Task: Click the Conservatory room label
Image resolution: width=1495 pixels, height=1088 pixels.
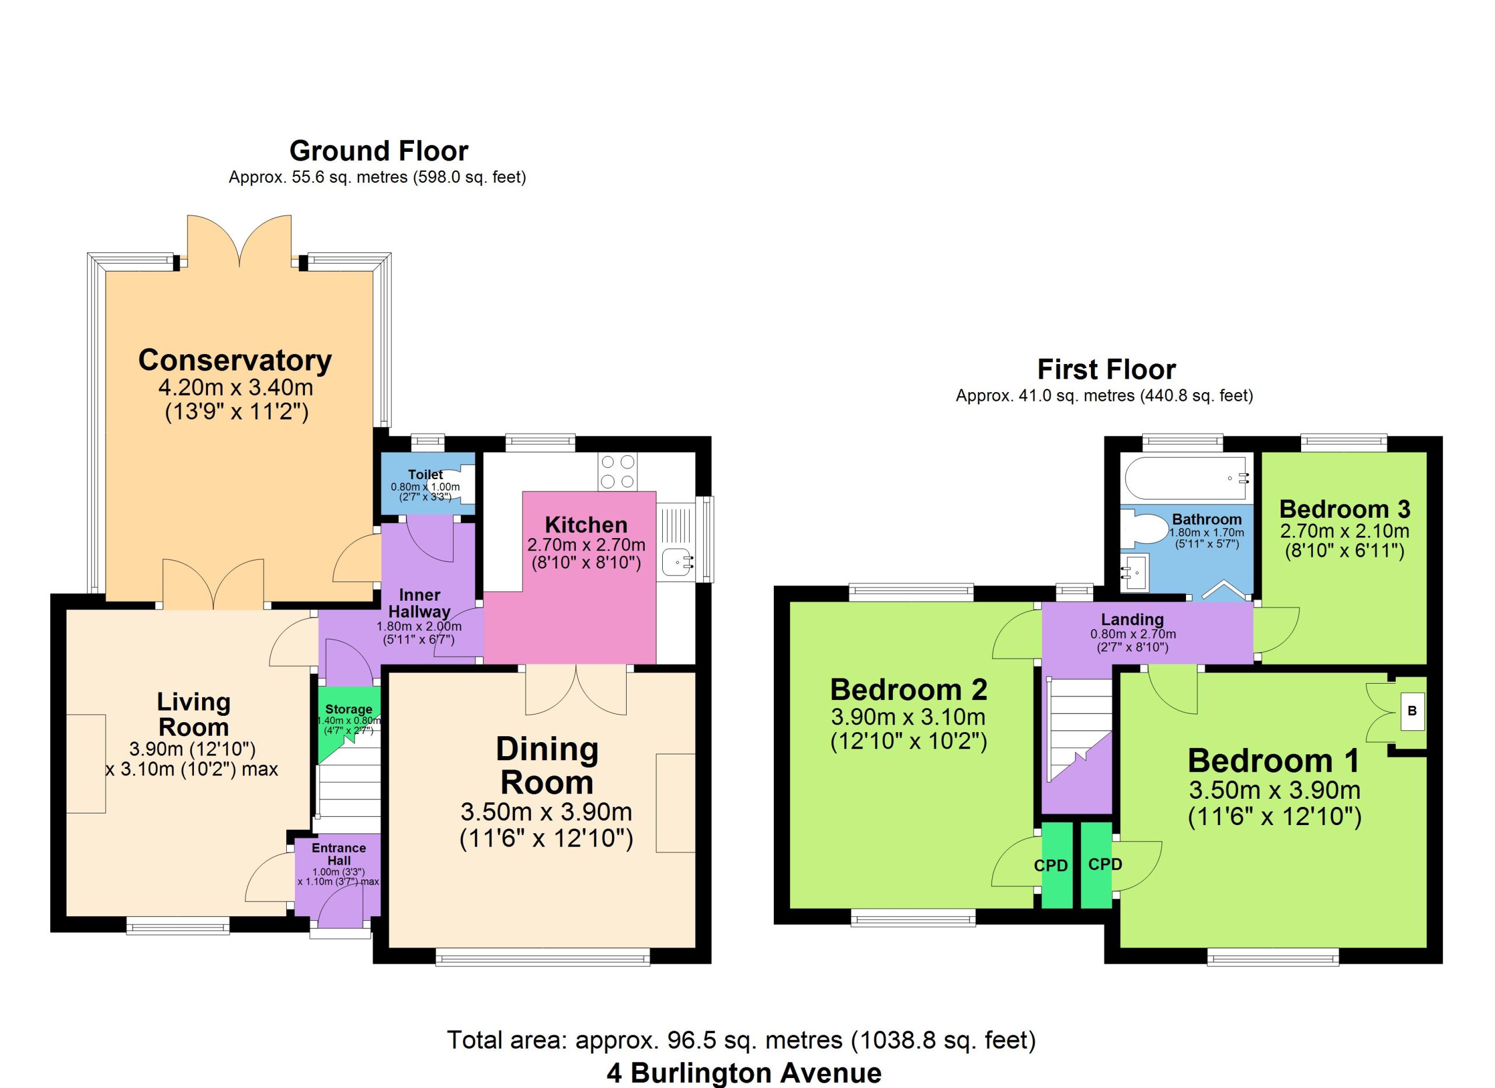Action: click(235, 361)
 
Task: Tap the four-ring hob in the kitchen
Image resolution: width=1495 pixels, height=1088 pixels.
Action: click(618, 472)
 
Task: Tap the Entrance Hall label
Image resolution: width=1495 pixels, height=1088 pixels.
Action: click(339, 854)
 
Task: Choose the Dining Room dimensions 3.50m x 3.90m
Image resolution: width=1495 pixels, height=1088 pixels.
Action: click(547, 812)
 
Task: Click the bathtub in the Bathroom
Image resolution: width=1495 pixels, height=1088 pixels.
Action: click(1185, 478)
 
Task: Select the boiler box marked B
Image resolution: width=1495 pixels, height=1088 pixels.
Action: click(1412, 711)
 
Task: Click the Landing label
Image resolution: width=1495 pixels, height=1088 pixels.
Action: click(1132, 619)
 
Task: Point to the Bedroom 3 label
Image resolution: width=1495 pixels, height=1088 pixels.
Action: click(1345, 509)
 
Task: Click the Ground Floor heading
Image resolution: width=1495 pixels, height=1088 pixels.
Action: click(378, 151)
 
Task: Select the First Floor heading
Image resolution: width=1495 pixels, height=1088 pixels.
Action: click(1107, 369)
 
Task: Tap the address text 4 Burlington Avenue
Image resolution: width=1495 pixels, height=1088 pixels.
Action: click(743, 1073)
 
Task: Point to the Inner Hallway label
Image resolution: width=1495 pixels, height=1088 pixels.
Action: click(419, 602)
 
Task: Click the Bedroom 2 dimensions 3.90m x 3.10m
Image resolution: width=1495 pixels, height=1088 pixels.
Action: click(908, 716)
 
